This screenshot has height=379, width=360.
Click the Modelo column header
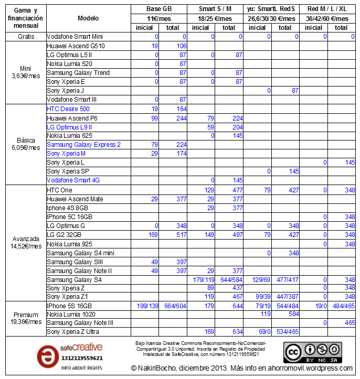(88, 18)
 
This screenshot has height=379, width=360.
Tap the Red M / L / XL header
(327, 9)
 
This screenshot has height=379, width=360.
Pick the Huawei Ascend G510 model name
(76, 46)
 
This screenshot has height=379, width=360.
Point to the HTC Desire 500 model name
(68, 109)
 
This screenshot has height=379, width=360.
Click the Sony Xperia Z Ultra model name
(76, 332)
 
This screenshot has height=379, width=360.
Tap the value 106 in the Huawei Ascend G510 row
(181, 46)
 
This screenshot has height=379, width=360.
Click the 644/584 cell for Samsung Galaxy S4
(230, 279)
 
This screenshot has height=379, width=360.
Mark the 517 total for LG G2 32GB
(181, 235)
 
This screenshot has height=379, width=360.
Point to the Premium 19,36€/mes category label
(26, 318)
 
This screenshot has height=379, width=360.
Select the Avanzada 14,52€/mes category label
(26, 242)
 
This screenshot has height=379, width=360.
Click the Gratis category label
(26, 37)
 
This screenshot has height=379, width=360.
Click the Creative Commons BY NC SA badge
(312, 352)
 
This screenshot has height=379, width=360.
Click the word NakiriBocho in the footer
(163, 369)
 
